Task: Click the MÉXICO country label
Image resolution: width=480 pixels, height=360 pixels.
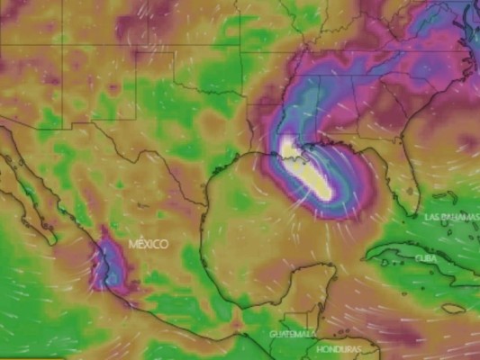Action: click(149, 244)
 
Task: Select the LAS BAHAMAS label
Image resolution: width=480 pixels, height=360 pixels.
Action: click(450, 217)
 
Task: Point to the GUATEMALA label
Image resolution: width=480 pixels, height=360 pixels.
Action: click(292, 334)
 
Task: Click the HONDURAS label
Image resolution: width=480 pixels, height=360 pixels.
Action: click(339, 348)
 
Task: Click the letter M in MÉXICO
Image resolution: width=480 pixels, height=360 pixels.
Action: click(131, 244)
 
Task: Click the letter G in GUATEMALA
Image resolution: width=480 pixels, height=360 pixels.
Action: click(273, 334)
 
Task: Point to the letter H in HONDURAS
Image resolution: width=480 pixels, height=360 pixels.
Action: click(320, 348)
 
